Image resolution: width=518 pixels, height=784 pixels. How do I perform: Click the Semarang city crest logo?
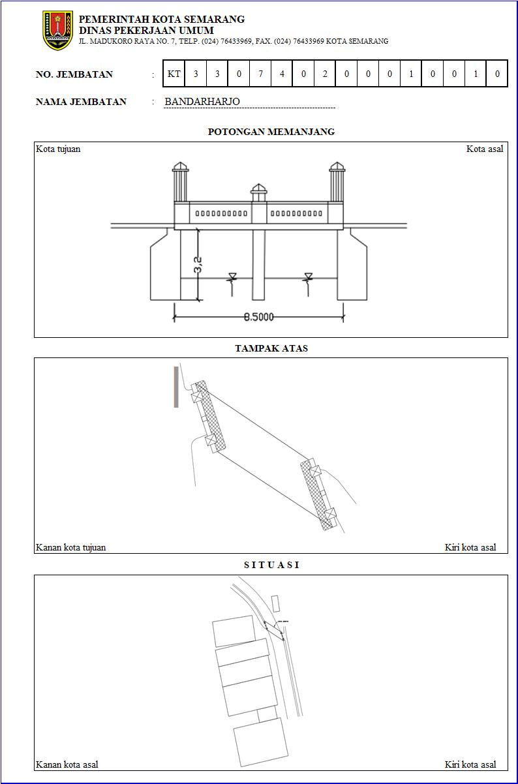coord(58,30)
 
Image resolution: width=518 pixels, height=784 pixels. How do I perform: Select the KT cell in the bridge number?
coord(174,74)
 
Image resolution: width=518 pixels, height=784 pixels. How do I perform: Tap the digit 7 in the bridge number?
coord(260,74)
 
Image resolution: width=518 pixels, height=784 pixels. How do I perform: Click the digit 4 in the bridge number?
coord(282,74)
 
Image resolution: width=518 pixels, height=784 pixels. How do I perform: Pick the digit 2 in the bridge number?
coord(325,74)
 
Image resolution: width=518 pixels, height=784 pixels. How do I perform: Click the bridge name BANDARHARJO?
coord(202,102)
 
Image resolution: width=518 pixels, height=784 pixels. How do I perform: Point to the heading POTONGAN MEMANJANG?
coord(271,132)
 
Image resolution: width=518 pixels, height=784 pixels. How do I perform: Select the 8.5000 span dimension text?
coord(258,317)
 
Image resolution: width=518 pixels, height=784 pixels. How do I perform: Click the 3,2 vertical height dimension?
coord(198,265)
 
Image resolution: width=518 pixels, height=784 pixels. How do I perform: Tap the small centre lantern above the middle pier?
coord(258,192)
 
